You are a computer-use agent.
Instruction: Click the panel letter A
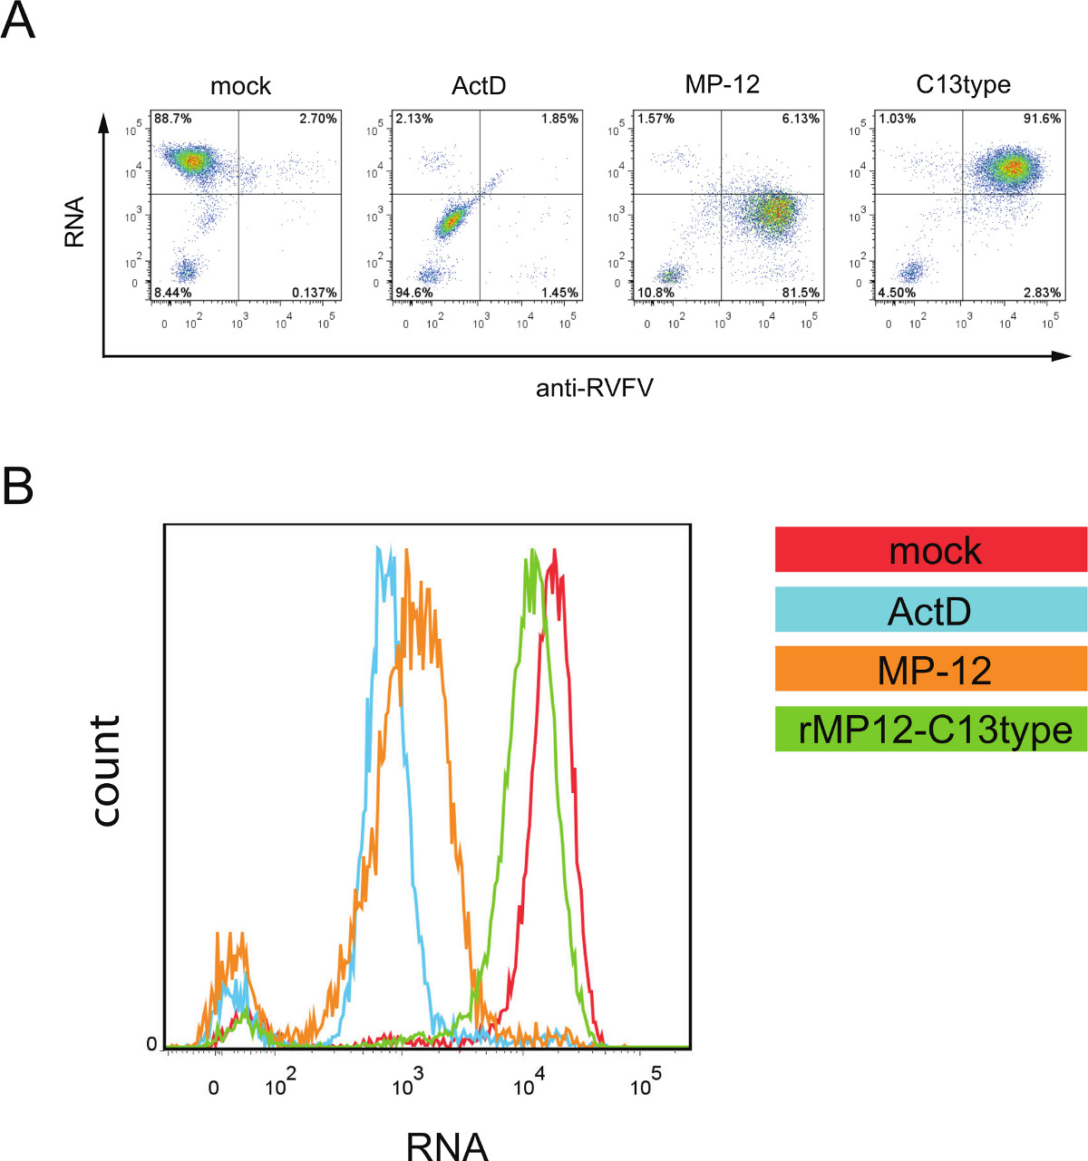point(18,21)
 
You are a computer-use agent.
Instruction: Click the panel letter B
point(18,487)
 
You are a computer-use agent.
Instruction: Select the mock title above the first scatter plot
point(240,86)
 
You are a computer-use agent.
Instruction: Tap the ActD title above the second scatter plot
point(479,86)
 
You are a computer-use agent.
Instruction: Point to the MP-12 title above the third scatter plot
point(722,84)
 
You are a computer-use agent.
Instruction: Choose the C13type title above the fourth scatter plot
point(963,85)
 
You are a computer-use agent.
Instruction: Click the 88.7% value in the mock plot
point(172,119)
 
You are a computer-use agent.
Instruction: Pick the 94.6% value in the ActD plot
point(414,293)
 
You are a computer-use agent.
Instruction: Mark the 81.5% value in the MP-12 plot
point(801,293)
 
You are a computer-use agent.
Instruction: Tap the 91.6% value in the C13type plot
point(1042,119)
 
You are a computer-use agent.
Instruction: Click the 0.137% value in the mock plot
point(315,293)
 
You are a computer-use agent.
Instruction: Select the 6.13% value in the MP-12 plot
point(801,119)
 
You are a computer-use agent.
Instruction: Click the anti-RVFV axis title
point(595,389)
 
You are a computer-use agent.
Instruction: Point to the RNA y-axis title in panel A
point(74,222)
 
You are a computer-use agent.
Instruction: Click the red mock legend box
point(931,550)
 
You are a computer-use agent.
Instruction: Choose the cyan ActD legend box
point(931,610)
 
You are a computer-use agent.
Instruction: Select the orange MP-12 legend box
point(931,670)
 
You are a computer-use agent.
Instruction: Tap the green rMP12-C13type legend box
point(931,730)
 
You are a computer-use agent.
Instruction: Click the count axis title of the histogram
point(106,770)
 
